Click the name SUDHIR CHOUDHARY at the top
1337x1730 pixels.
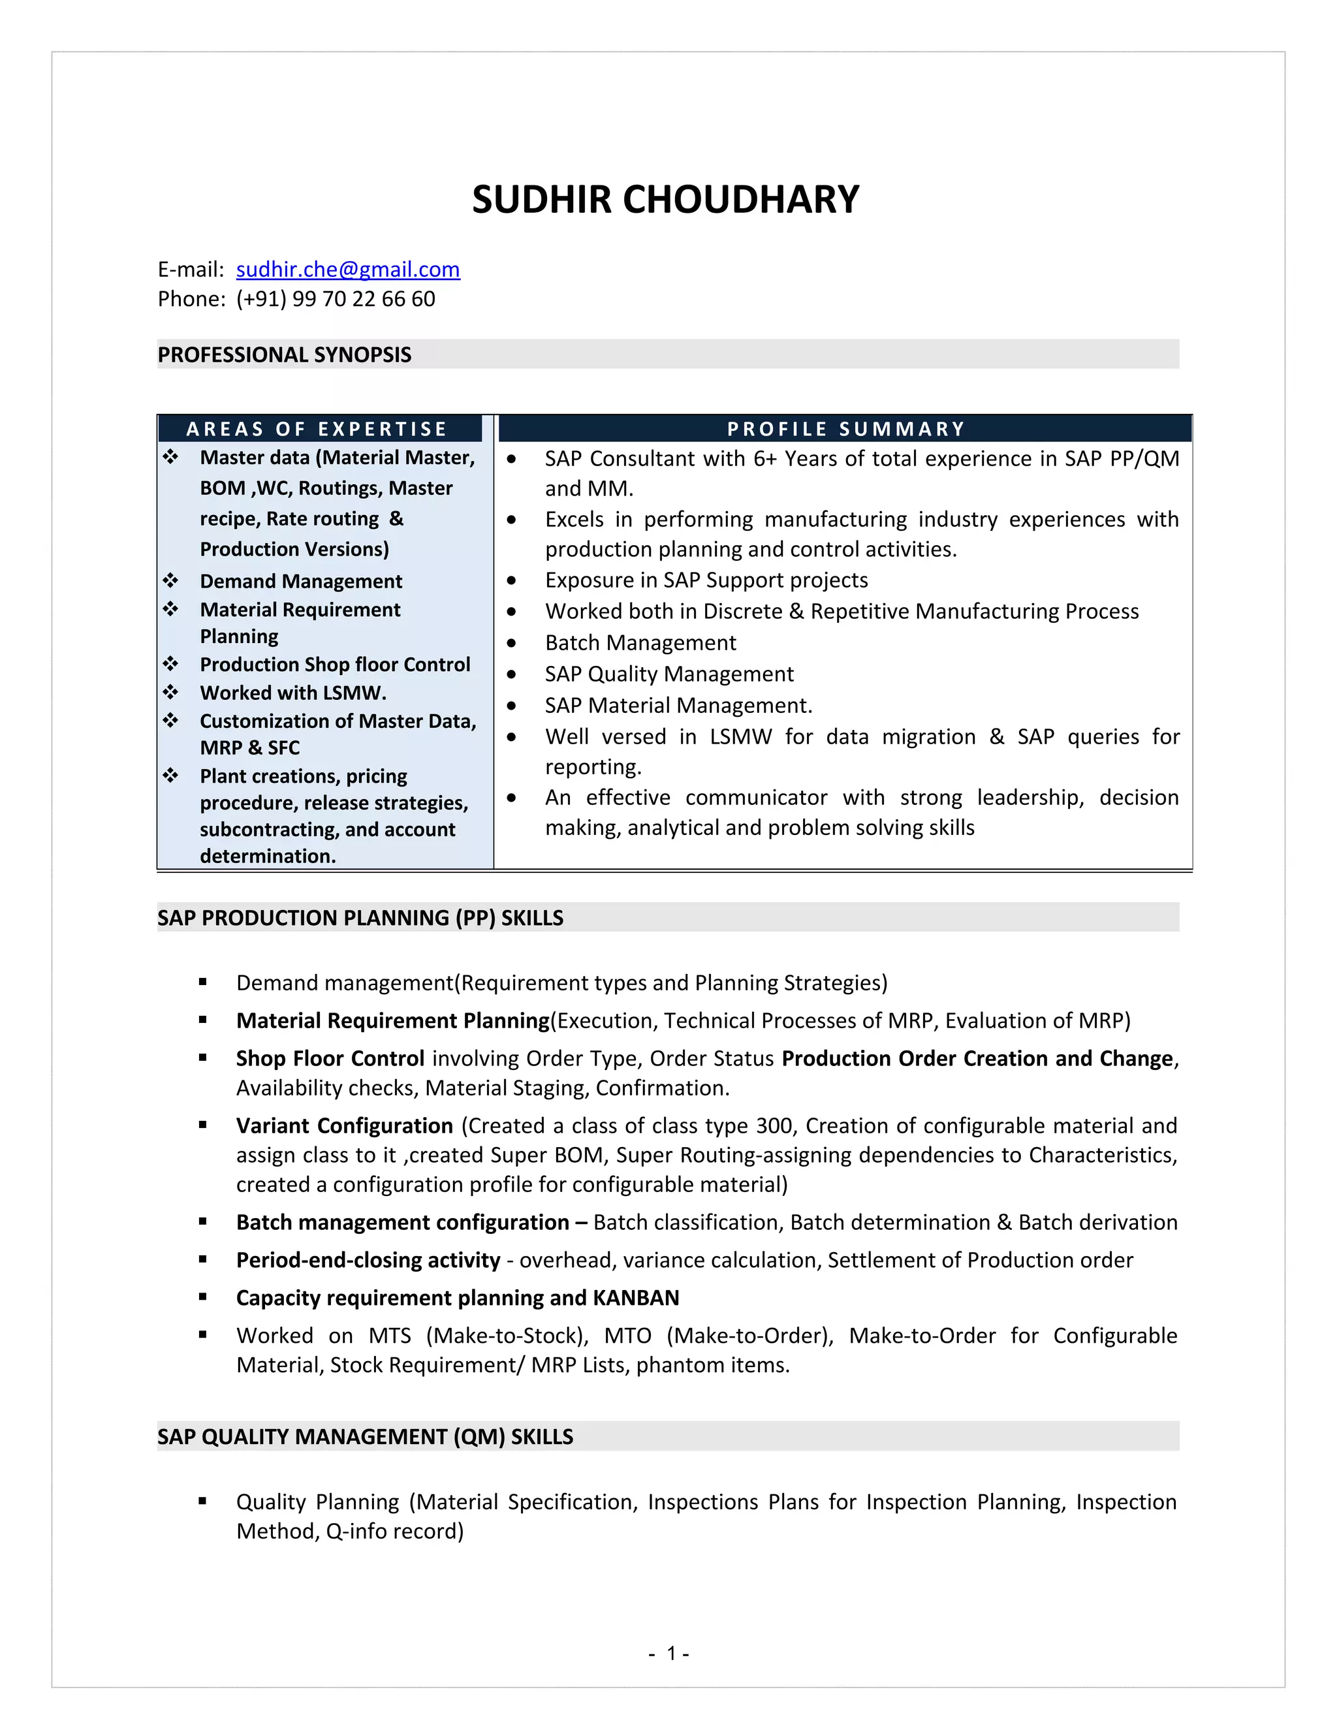pyautogui.click(x=665, y=199)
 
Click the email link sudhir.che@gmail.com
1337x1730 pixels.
pyautogui.click(x=348, y=270)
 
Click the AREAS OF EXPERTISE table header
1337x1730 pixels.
pyautogui.click(x=317, y=428)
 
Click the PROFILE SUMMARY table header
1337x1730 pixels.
pyautogui.click(x=846, y=428)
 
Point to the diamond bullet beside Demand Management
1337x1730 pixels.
pyautogui.click(x=170, y=580)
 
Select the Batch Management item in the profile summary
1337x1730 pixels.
pyautogui.click(x=640, y=642)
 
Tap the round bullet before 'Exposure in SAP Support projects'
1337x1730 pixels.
pyautogui.click(x=512, y=580)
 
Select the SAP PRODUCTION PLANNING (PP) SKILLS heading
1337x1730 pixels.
pyautogui.click(x=360, y=917)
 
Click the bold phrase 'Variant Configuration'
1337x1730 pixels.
pyautogui.click(x=345, y=1125)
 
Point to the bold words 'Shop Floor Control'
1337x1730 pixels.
pyautogui.click(x=330, y=1058)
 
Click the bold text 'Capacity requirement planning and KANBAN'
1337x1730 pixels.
pyautogui.click(x=457, y=1298)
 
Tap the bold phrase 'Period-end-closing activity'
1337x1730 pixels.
pyautogui.click(x=368, y=1259)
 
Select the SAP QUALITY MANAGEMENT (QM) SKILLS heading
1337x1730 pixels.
pyautogui.click(x=365, y=1436)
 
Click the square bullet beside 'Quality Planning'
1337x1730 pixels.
pyautogui.click(x=203, y=1500)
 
